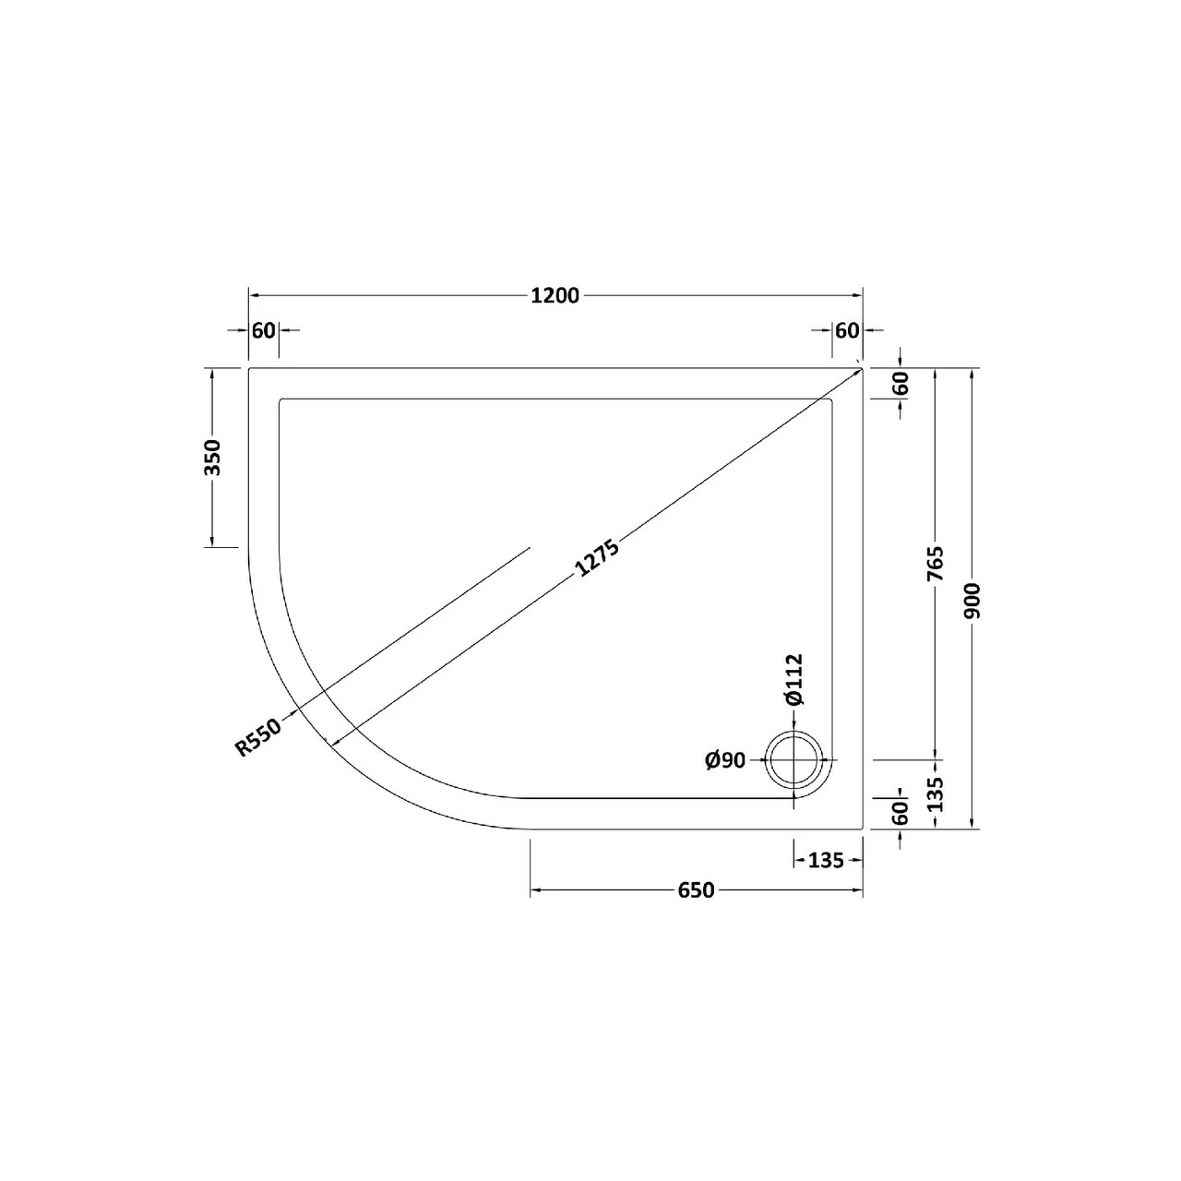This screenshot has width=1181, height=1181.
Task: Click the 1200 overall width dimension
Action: pyautogui.click(x=555, y=295)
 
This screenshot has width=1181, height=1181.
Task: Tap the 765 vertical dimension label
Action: pyautogui.click(x=936, y=563)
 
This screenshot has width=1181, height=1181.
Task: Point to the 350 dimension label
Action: pyautogui.click(x=213, y=457)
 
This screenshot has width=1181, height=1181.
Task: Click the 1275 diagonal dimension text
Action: pyautogui.click(x=597, y=557)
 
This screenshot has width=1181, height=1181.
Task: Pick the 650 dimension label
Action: pyautogui.click(x=696, y=890)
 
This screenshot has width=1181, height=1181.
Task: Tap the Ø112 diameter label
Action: pyautogui.click(x=794, y=680)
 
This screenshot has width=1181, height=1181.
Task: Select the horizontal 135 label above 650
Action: pyautogui.click(x=826, y=860)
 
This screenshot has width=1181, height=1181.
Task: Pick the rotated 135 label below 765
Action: pyautogui.click(x=936, y=793)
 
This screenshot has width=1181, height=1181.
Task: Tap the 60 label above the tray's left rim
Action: pyautogui.click(x=264, y=329)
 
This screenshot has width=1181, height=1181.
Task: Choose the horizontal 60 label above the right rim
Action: pyautogui.click(x=847, y=329)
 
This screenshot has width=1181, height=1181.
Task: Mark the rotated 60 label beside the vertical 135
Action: pyautogui.click(x=901, y=812)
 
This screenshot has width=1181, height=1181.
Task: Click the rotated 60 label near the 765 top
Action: pyautogui.click(x=901, y=383)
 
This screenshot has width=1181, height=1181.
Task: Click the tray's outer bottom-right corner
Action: pyautogui.click(x=862, y=828)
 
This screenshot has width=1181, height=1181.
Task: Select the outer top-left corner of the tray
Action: pyautogui.click(x=250, y=368)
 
